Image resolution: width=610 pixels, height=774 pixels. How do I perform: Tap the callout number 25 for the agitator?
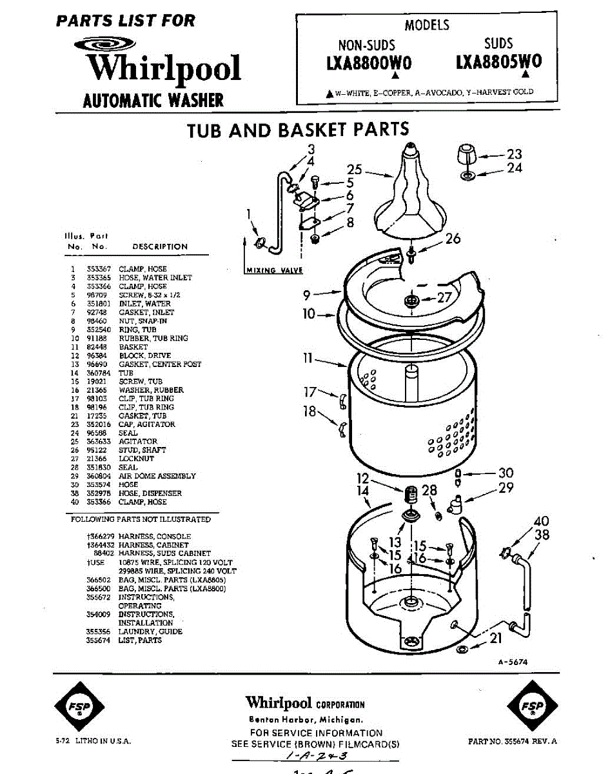(355, 170)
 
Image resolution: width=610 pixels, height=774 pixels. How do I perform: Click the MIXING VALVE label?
(274, 270)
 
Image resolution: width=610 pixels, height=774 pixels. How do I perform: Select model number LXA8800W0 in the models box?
(368, 64)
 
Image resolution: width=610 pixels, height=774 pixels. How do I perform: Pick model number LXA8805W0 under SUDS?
(498, 62)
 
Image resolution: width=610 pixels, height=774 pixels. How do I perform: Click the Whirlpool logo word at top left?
(164, 68)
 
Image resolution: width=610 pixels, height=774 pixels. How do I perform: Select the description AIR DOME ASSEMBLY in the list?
(157, 476)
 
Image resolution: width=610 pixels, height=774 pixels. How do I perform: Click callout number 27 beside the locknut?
(445, 298)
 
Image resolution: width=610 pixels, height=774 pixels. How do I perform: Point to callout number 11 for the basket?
(308, 357)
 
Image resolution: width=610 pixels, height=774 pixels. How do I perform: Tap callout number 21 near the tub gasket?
(495, 639)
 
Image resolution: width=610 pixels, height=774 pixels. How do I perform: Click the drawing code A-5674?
(513, 662)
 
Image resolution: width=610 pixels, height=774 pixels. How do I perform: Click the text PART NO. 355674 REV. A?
(513, 742)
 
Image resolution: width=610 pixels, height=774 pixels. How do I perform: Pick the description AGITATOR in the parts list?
(137, 442)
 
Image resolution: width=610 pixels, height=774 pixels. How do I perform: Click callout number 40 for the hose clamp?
(541, 521)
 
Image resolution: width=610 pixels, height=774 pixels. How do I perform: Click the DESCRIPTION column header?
(159, 246)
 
